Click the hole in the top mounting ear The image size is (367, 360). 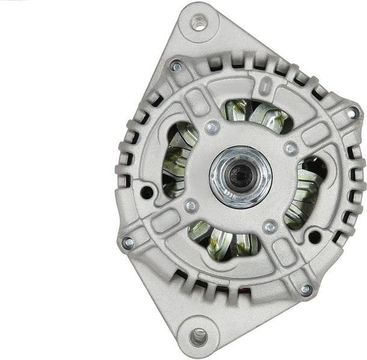[199, 23]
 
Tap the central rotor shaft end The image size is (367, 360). [240, 175]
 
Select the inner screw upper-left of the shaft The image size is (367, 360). [212, 127]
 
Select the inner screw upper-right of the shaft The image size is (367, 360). [291, 148]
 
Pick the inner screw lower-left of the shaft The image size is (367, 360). [191, 206]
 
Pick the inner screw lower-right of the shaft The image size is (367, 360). [270, 227]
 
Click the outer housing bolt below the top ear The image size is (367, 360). [176, 66]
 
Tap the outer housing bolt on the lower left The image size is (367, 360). [128, 243]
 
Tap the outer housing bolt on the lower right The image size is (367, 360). [306, 289]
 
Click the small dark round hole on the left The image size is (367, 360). [147, 192]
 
